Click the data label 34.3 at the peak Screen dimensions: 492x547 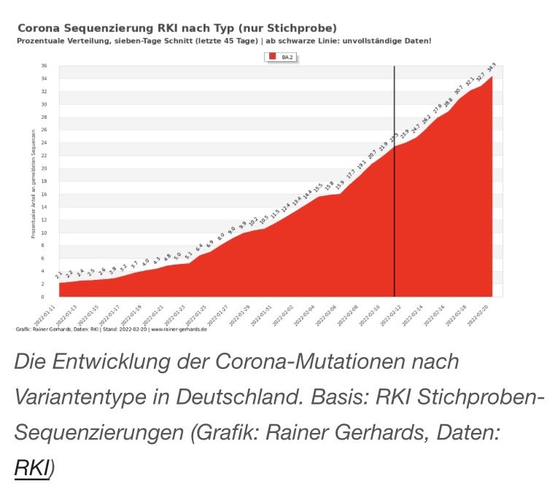point(492,69)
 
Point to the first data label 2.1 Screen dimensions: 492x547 point(59,273)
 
